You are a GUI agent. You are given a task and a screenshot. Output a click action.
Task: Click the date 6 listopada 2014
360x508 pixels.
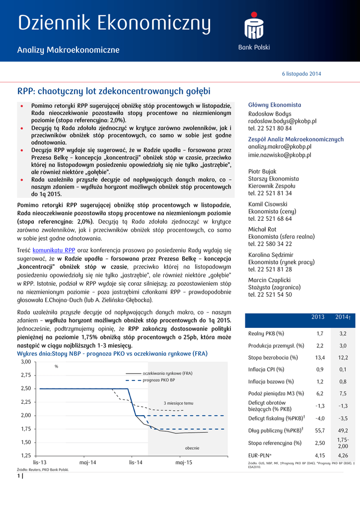301,74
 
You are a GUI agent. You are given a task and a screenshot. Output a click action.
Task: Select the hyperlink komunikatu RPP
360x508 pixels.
54,250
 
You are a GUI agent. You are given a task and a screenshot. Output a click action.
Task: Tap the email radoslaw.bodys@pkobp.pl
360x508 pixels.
282,121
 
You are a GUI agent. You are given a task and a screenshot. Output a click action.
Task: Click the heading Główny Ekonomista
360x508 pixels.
275,105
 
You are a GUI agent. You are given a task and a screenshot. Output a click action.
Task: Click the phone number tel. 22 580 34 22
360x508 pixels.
270,244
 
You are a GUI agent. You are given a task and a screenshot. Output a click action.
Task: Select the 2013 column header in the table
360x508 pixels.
317,317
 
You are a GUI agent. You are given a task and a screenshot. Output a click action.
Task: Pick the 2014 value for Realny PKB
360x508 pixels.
343,334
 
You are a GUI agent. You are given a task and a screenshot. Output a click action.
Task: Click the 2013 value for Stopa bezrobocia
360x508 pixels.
320,358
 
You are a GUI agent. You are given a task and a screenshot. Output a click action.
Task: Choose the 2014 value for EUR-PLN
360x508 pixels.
343,455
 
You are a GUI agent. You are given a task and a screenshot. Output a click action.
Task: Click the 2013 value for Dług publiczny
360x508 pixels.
320,430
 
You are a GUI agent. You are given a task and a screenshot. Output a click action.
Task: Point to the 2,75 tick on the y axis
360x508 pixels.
26,375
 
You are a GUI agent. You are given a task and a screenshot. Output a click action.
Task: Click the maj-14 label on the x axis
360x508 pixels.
88,462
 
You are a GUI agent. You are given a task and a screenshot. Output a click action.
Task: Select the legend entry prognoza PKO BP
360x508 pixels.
158,380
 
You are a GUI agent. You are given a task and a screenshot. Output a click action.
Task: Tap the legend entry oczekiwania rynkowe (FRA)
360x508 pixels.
167,373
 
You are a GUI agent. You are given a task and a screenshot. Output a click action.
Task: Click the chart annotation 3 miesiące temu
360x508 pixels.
178,403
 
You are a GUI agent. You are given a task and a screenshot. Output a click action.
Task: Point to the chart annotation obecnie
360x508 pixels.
192,448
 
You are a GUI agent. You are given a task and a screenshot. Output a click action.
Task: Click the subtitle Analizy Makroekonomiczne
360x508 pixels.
68,50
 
